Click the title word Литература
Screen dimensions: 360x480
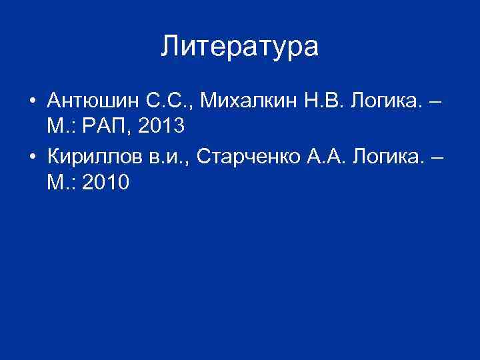point(240,47)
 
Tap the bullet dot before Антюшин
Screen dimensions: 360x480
point(31,102)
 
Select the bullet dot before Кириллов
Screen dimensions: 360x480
point(31,157)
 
